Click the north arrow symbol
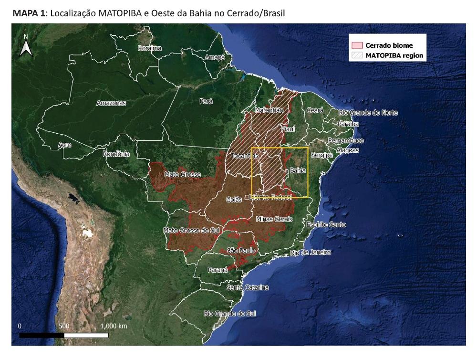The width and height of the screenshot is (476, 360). coord(25,46)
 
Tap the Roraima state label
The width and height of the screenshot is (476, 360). coord(149,48)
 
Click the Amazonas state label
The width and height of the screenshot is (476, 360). coord(111,103)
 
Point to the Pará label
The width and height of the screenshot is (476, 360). coord(206,101)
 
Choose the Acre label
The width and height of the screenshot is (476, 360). coord(64,144)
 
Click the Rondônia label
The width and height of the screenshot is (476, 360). coord(116,154)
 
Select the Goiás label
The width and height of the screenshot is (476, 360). coord(234,200)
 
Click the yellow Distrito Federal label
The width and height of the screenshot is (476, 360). coord(270,197)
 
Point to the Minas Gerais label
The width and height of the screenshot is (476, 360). coord(274,219)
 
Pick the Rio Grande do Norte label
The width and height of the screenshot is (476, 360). coord(368,113)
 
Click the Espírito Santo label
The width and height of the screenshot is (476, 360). coord(326,224)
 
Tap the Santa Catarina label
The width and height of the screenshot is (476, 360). coord(248,287)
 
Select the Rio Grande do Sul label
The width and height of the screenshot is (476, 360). coord(229,314)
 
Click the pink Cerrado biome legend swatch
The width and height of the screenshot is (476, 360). coord(357,45)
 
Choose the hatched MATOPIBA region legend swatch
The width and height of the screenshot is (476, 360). coord(357,55)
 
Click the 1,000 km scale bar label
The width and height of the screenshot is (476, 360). coord(114,326)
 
